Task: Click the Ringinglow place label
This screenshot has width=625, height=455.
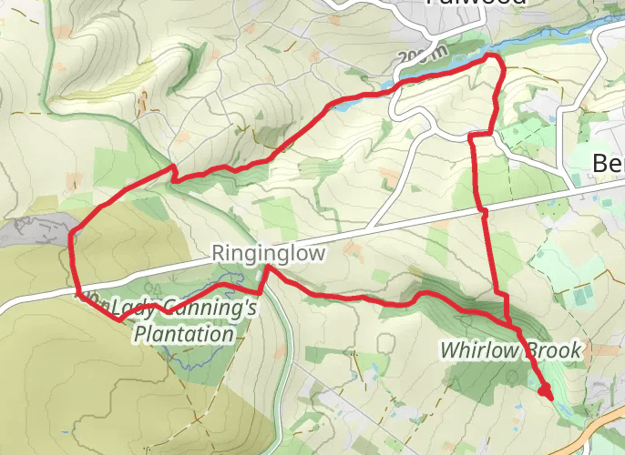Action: (268, 253)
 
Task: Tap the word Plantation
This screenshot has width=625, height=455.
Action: (183, 334)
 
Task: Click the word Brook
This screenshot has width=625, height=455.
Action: (550, 350)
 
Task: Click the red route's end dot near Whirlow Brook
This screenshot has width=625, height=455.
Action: (546, 391)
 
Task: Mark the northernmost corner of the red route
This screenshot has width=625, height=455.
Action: (495, 56)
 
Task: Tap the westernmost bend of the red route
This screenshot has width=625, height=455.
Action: (70, 238)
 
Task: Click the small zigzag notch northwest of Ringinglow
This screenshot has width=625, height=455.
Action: (172, 172)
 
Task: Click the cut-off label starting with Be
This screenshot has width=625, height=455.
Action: (608, 164)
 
